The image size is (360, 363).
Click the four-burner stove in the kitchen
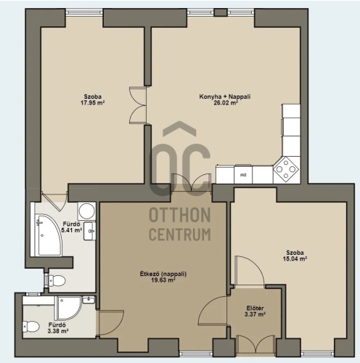[x=286, y=169]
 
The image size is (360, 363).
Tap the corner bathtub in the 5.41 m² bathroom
[x=48, y=234]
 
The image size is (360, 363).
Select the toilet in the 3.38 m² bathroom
[x=31, y=327]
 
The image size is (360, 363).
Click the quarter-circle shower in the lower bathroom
[x=67, y=308]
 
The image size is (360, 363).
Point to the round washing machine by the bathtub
[x=86, y=211]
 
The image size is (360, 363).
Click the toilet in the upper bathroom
[x=57, y=281]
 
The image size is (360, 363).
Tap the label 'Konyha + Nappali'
[x=225, y=97]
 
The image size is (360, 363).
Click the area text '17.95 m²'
[x=92, y=103]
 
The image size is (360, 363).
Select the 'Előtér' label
[x=255, y=309]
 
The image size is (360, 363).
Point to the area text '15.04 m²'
[x=295, y=258]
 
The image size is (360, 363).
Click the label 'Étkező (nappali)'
[x=163, y=274]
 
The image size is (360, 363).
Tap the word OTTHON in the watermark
[x=180, y=215]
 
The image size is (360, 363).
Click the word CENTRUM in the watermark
[x=180, y=234]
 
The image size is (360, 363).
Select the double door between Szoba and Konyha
[x=138, y=105]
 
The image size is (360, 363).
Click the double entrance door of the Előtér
[x=255, y=346]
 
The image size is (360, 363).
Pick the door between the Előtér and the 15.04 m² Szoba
[x=250, y=271]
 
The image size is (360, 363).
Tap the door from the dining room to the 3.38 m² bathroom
[x=110, y=323]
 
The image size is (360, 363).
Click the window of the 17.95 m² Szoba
[x=84, y=12]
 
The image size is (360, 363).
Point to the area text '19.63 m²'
[x=163, y=280]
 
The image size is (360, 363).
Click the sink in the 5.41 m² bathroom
[x=89, y=231]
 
